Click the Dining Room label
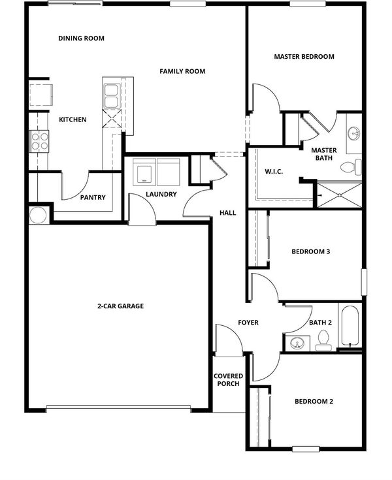click(81, 39)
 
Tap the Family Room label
click(182, 71)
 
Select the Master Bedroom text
click(304, 57)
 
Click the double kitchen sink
click(111, 96)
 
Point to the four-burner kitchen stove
click(39, 142)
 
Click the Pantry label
click(93, 197)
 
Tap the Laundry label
click(161, 195)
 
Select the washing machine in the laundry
click(144, 172)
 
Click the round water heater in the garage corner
click(39, 216)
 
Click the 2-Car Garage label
click(121, 306)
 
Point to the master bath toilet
click(351, 167)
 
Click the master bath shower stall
click(339, 195)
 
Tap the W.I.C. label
click(274, 172)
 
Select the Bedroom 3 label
click(311, 252)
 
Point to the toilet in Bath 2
click(323, 340)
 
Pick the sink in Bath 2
click(297, 343)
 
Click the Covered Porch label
click(229, 380)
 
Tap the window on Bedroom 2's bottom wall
click(306, 449)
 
